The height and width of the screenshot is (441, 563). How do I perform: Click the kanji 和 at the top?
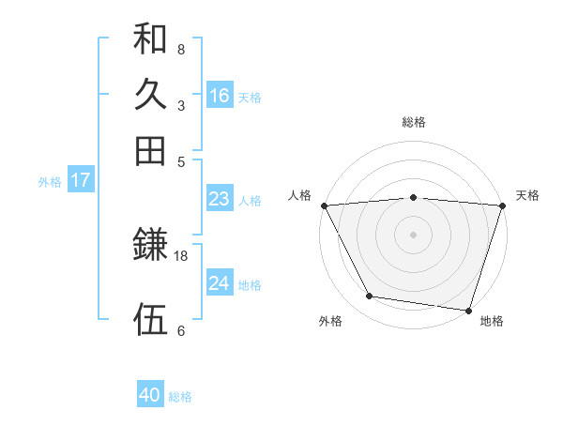(150, 38)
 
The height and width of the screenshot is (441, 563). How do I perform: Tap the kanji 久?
(150, 95)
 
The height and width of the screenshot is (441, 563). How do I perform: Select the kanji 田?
(150, 150)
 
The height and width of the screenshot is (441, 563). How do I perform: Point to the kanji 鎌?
(150, 246)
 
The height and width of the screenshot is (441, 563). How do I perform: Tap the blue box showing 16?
(220, 96)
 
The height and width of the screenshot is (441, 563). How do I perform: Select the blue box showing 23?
(219, 199)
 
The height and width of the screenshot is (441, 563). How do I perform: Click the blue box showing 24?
(219, 283)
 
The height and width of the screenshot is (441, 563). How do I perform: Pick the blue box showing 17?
(80, 181)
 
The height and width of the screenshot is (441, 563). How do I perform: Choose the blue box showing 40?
(150, 395)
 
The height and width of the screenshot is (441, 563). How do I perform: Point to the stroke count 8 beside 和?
(181, 49)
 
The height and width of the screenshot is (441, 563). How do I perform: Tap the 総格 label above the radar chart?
(414, 122)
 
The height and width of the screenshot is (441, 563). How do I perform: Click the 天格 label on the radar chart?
(528, 195)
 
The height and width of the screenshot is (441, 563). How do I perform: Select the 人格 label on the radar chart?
(299, 195)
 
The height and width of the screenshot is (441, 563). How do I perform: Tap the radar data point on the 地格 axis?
(468, 310)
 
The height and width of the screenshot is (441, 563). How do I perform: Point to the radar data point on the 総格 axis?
(414, 197)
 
